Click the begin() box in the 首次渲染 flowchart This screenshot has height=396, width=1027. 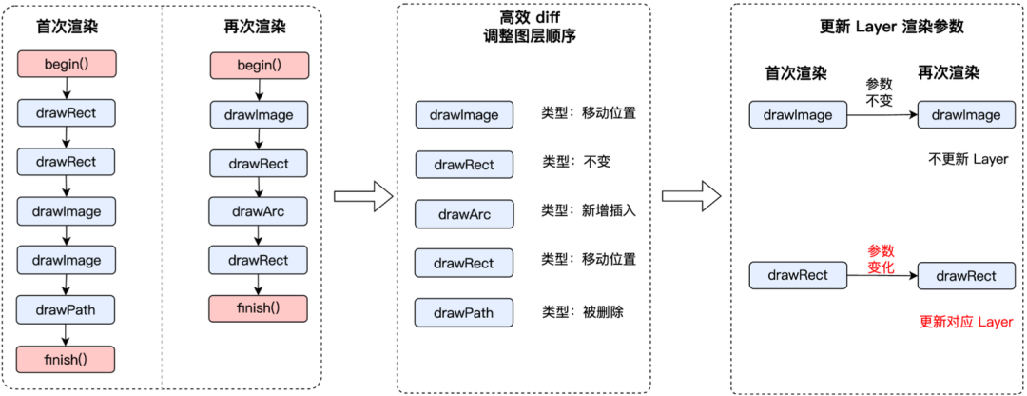(x=67, y=64)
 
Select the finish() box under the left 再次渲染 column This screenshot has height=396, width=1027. (x=258, y=308)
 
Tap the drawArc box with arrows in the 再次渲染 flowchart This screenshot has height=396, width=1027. (x=258, y=211)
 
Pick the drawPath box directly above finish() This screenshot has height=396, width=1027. (x=67, y=309)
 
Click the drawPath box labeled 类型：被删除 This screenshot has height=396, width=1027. (x=464, y=312)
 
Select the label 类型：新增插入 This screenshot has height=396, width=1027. (x=589, y=211)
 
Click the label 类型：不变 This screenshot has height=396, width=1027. (x=575, y=161)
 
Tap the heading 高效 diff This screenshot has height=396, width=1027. (x=523, y=17)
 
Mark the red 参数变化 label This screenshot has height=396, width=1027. (x=881, y=260)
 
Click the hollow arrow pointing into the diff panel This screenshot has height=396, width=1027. (x=363, y=196)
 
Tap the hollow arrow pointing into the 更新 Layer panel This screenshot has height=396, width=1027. (x=691, y=196)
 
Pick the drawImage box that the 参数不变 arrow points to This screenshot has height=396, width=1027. (x=966, y=115)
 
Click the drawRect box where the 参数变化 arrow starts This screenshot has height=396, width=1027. (x=798, y=275)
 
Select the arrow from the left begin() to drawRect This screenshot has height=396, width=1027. (x=67, y=89)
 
